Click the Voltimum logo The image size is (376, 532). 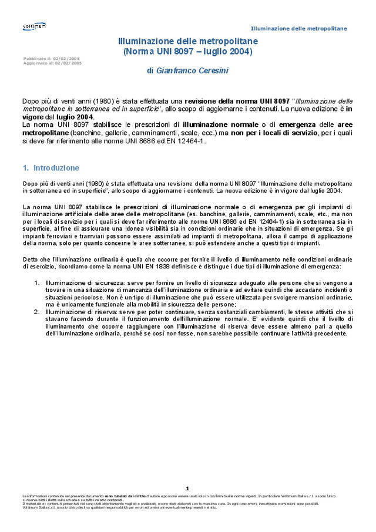(33, 26)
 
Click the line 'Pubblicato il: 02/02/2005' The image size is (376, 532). (52, 59)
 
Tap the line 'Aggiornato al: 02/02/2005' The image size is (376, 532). (52, 62)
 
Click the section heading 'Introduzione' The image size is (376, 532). (56, 168)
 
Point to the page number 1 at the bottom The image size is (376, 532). (187, 488)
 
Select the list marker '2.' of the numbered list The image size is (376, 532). (36, 312)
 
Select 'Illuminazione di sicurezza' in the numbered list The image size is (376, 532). (80, 282)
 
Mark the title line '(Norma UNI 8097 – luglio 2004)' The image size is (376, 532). (187, 52)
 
